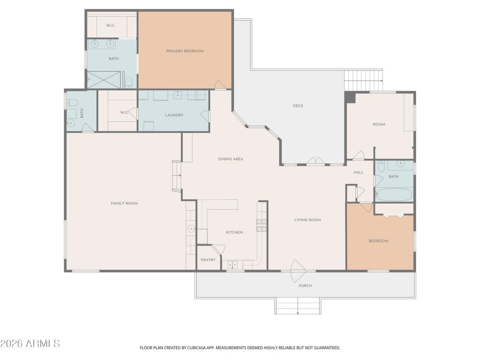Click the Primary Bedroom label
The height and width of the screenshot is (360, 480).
185,51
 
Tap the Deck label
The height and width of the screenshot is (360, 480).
298,106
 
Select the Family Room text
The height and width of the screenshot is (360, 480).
124,203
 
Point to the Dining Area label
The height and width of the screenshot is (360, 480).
231,159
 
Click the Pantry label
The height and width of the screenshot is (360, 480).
208,260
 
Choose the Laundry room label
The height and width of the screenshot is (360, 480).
174,115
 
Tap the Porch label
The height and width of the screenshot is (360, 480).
305,285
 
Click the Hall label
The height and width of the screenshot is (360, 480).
359,172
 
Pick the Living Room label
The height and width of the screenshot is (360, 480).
307,220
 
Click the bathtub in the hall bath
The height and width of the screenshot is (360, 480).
394,195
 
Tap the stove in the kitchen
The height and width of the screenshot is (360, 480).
262,225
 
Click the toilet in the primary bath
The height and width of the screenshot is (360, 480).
128,82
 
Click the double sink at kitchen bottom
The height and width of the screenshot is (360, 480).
232,265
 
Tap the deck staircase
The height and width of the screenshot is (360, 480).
363,81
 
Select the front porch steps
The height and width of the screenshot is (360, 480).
298,306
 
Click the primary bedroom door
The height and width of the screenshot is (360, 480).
220,85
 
